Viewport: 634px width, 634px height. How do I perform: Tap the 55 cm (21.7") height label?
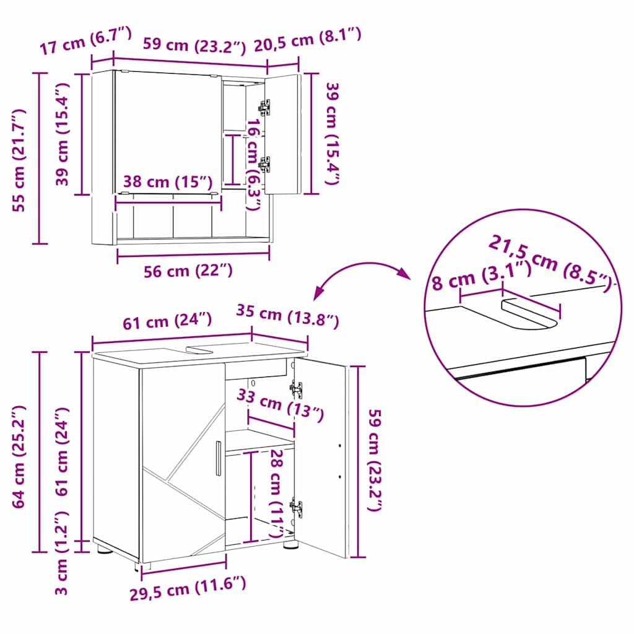pyautogui.click(x=20, y=159)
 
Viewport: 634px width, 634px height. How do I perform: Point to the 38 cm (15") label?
pyautogui.click(x=167, y=182)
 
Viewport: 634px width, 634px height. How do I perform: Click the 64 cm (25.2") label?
pyautogui.click(x=20, y=457)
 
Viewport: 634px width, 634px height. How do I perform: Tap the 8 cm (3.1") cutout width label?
pyautogui.click(x=480, y=278)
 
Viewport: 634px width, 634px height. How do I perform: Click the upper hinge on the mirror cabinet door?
pyautogui.click(x=265, y=107)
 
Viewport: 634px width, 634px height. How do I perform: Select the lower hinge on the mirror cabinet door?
pyautogui.click(x=265, y=164)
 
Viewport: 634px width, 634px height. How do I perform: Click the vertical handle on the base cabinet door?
pyautogui.click(x=218, y=459)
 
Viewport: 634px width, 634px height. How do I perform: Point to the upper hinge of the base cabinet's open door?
pyautogui.click(x=296, y=389)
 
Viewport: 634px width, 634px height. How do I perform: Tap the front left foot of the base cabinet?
pyautogui.click(x=104, y=549)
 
